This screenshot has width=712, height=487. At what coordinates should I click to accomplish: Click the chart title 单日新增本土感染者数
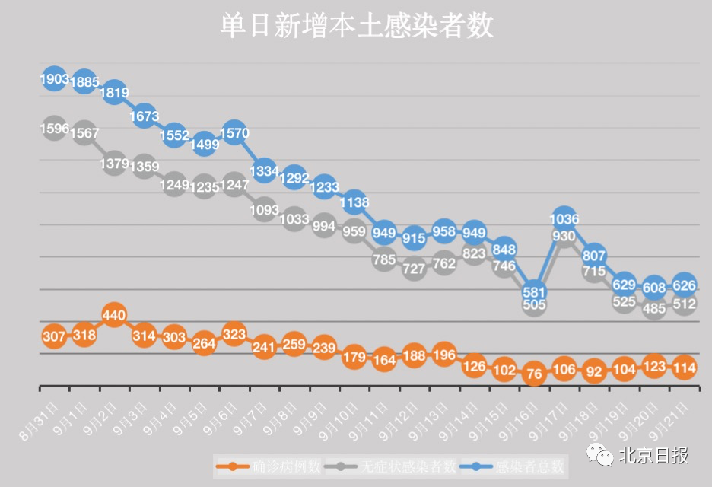(356, 27)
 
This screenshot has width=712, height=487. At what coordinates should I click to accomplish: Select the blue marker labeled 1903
(54, 79)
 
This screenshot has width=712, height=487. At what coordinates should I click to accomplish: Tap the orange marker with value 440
(114, 315)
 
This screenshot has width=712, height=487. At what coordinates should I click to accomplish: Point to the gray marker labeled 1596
(54, 129)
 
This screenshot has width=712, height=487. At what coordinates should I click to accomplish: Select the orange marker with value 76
(534, 374)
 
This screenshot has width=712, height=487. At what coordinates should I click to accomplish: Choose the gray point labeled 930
(564, 237)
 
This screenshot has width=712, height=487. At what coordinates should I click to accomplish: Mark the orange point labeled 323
(234, 333)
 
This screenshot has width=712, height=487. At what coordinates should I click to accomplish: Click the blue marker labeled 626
(684, 285)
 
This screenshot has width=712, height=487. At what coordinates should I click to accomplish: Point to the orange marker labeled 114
(684, 367)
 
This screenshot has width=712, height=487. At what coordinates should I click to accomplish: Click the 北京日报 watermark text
(654, 455)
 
